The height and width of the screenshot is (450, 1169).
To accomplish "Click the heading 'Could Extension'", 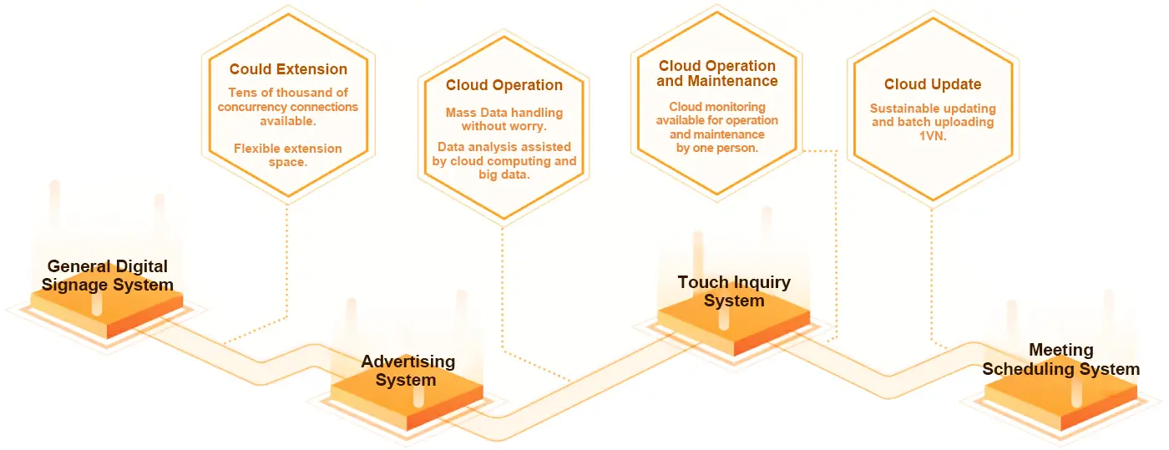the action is click(288, 69).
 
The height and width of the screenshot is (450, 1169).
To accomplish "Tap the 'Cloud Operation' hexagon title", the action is click(504, 85).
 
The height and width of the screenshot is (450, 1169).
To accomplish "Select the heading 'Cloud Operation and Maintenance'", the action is click(717, 73).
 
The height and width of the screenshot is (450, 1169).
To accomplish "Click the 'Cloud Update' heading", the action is click(933, 84).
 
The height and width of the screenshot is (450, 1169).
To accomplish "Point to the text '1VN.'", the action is click(933, 136).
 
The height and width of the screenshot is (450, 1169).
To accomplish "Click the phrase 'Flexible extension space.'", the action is click(288, 155).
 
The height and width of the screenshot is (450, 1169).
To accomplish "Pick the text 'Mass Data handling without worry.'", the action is click(504, 119).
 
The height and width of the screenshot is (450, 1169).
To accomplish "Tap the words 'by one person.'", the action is click(717, 148).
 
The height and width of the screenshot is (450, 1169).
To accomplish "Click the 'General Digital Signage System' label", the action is click(108, 276).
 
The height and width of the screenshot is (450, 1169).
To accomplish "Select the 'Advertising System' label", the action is click(407, 371).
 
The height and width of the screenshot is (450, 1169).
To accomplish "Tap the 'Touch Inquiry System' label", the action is click(734, 291).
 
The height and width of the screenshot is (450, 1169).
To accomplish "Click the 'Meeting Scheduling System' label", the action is click(1061, 359).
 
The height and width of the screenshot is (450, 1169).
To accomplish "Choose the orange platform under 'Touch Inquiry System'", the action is click(734, 326).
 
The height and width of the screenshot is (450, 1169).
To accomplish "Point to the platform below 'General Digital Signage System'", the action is click(107, 311).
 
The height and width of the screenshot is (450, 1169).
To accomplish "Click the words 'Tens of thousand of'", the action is click(288, 93).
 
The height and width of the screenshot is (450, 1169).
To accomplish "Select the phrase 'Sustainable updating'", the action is click(933, 109).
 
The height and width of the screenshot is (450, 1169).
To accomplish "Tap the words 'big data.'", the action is click(504, 174).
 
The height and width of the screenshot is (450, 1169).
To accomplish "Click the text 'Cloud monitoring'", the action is click(717, 107).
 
